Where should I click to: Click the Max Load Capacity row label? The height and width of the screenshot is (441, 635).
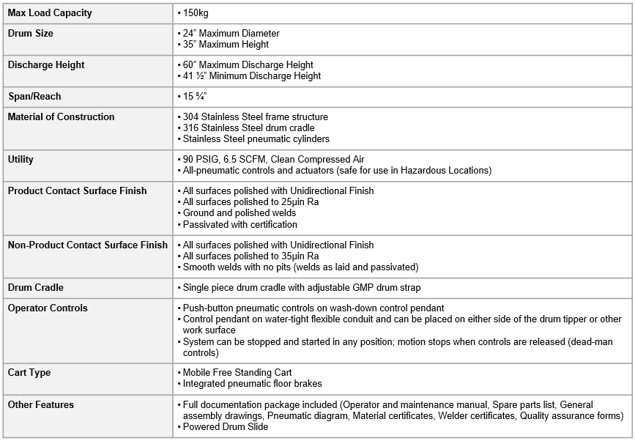(50, 13)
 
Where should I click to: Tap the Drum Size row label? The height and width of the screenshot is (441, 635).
(31, 34)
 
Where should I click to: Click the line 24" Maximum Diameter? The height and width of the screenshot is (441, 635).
(231, 34)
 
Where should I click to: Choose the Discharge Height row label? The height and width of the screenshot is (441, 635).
(46, 65)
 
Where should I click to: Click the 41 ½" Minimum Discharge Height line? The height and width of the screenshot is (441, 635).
(251, 76)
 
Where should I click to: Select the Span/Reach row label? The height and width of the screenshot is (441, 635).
(34, 97)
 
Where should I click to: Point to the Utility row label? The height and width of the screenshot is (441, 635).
(21, 160)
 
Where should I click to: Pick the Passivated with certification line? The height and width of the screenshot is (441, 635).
(240, 224)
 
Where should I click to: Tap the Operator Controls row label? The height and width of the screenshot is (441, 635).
(48, 308)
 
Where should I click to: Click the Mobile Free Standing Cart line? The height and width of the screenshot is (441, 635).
(237, 373)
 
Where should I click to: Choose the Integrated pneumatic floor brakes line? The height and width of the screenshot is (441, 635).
(252, 384)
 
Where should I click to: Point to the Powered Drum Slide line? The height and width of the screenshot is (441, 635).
(225, 427)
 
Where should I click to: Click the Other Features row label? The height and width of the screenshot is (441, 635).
(41, 405)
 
